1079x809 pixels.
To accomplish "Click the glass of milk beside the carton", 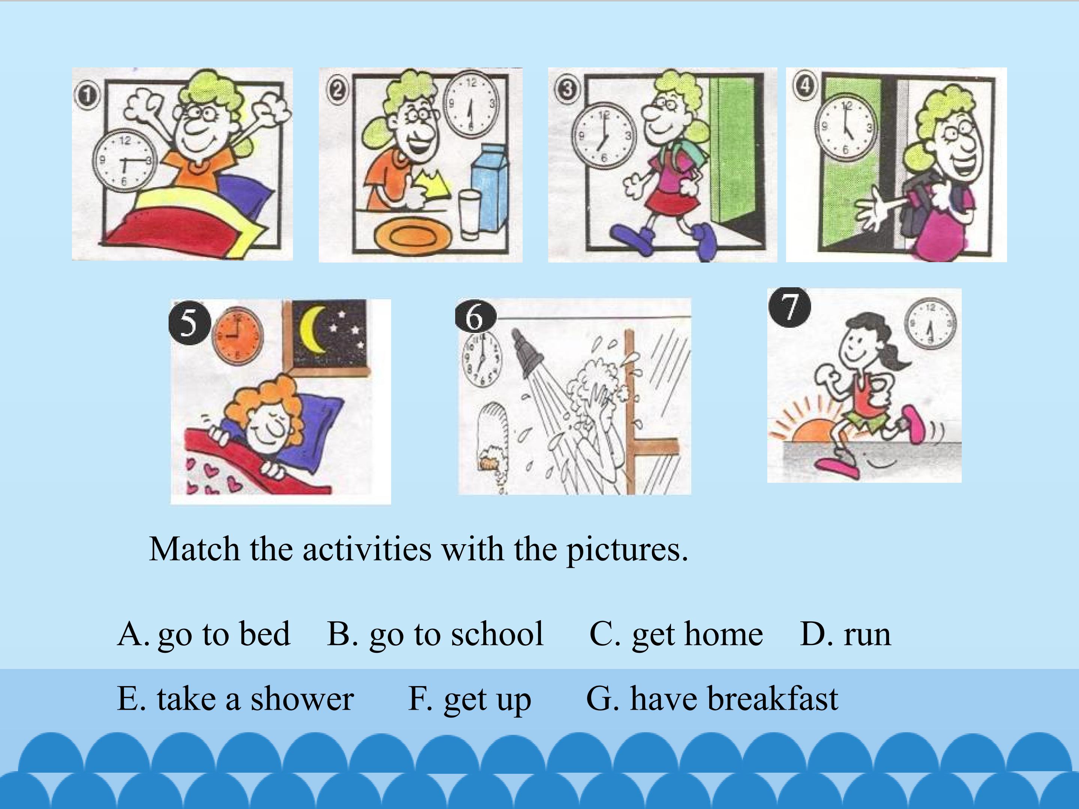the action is click(469, 215).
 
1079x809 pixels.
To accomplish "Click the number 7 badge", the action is click(789, 308).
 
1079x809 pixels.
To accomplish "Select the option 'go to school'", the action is click(456, 634).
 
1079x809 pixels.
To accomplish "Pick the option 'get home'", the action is click(697, 634).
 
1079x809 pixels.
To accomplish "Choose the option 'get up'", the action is click(487, 699).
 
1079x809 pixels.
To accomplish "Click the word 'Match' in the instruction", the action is click(194, 549).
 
